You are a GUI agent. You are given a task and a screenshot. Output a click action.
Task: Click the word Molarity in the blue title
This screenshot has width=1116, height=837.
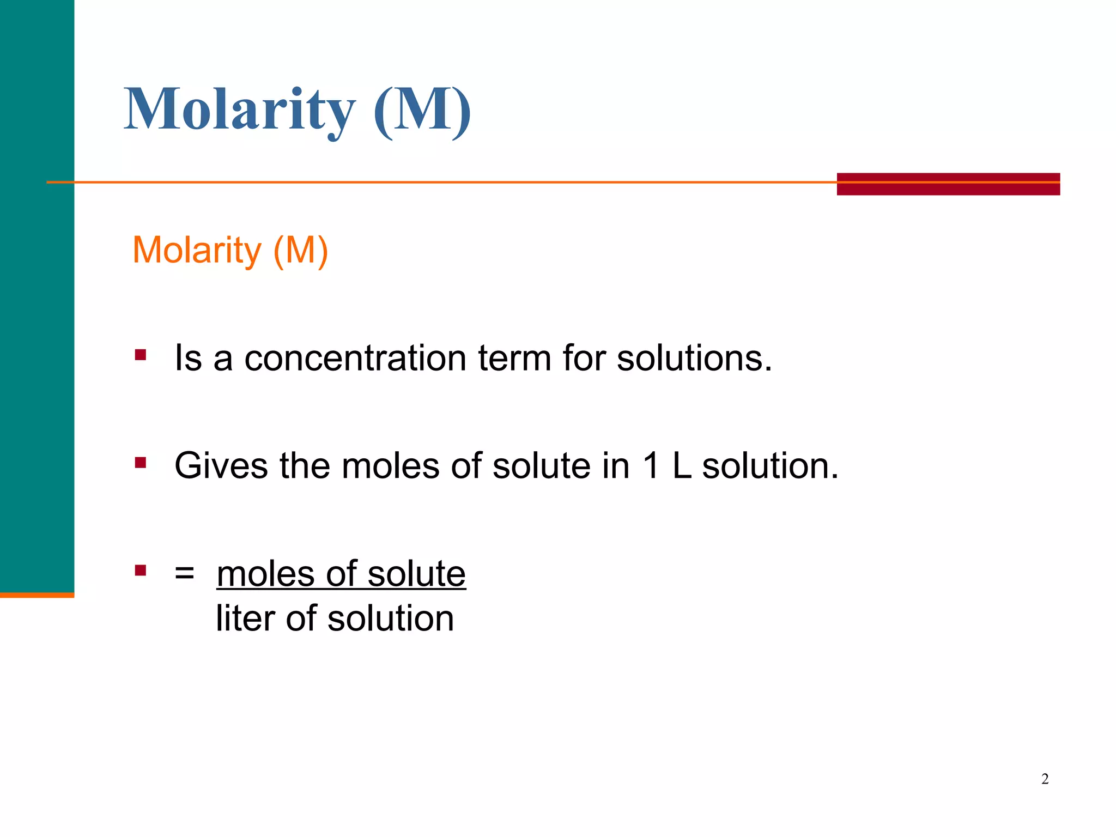click(x=240, y=110)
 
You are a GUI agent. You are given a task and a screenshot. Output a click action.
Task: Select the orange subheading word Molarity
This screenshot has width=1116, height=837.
click(x=197, y=251)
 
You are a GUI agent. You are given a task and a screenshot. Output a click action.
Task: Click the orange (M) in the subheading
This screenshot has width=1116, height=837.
click(x=300, y=251)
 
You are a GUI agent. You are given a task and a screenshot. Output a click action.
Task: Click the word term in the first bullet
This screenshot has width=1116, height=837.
click(x=514, y=359)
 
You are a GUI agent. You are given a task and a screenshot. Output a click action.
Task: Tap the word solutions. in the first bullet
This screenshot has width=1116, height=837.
click(x=694, y=359)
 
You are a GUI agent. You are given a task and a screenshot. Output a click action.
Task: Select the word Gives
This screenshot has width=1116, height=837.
click(x=221, y=466)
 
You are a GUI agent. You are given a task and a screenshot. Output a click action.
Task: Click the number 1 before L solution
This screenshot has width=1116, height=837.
click(x=651, y=466)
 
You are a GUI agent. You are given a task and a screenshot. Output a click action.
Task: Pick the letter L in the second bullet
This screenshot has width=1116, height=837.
click(x=682, y=466)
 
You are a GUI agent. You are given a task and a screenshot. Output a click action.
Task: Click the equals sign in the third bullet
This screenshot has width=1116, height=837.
click(x=184, y=573)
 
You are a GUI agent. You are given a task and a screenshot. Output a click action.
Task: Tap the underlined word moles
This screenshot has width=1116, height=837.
click(x=266, y=574)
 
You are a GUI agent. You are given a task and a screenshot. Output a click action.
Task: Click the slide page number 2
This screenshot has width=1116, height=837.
click(x=1045, y=779)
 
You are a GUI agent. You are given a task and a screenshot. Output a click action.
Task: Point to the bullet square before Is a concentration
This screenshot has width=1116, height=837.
click(x=141, y=355)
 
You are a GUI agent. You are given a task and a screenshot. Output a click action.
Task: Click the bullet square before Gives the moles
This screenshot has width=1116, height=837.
click(x=141, y=463)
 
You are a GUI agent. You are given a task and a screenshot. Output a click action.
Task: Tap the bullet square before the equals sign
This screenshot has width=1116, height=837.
click(x=141, y=571)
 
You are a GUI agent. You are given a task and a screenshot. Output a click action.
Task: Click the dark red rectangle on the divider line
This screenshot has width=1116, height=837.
click(x=948, y=184)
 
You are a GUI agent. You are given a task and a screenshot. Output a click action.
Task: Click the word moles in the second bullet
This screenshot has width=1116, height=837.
click(x=390, y=466)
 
